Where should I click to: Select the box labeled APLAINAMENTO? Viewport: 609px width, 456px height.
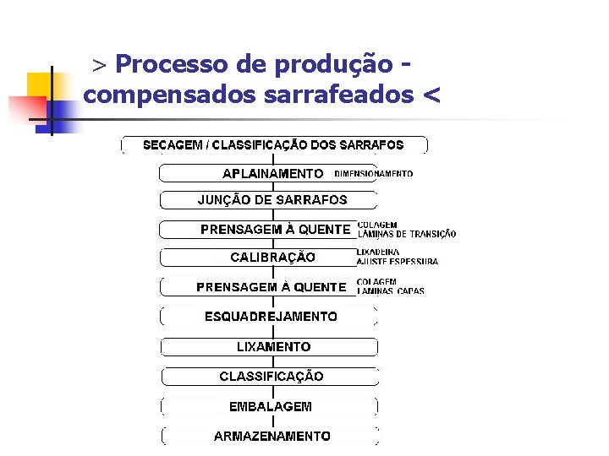272,173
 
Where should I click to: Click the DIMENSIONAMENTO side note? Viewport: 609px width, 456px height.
374,174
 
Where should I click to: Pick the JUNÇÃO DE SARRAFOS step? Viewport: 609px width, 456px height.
272,200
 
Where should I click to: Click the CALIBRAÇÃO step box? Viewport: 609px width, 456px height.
272,257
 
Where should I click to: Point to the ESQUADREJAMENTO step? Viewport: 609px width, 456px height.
271,317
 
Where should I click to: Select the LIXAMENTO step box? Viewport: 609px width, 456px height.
272,346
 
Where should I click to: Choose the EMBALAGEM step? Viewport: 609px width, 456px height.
271,406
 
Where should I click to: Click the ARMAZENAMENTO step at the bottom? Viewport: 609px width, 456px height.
272,436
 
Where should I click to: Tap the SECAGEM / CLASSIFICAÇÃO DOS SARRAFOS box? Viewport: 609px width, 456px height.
273,145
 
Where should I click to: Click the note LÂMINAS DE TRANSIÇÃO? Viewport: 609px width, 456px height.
407,234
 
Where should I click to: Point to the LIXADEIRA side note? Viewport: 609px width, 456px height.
378,252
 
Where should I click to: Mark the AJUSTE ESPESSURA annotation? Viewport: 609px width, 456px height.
398,262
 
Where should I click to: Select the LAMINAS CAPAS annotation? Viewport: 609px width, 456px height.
391,291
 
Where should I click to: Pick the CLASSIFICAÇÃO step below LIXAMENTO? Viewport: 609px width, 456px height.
271,376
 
